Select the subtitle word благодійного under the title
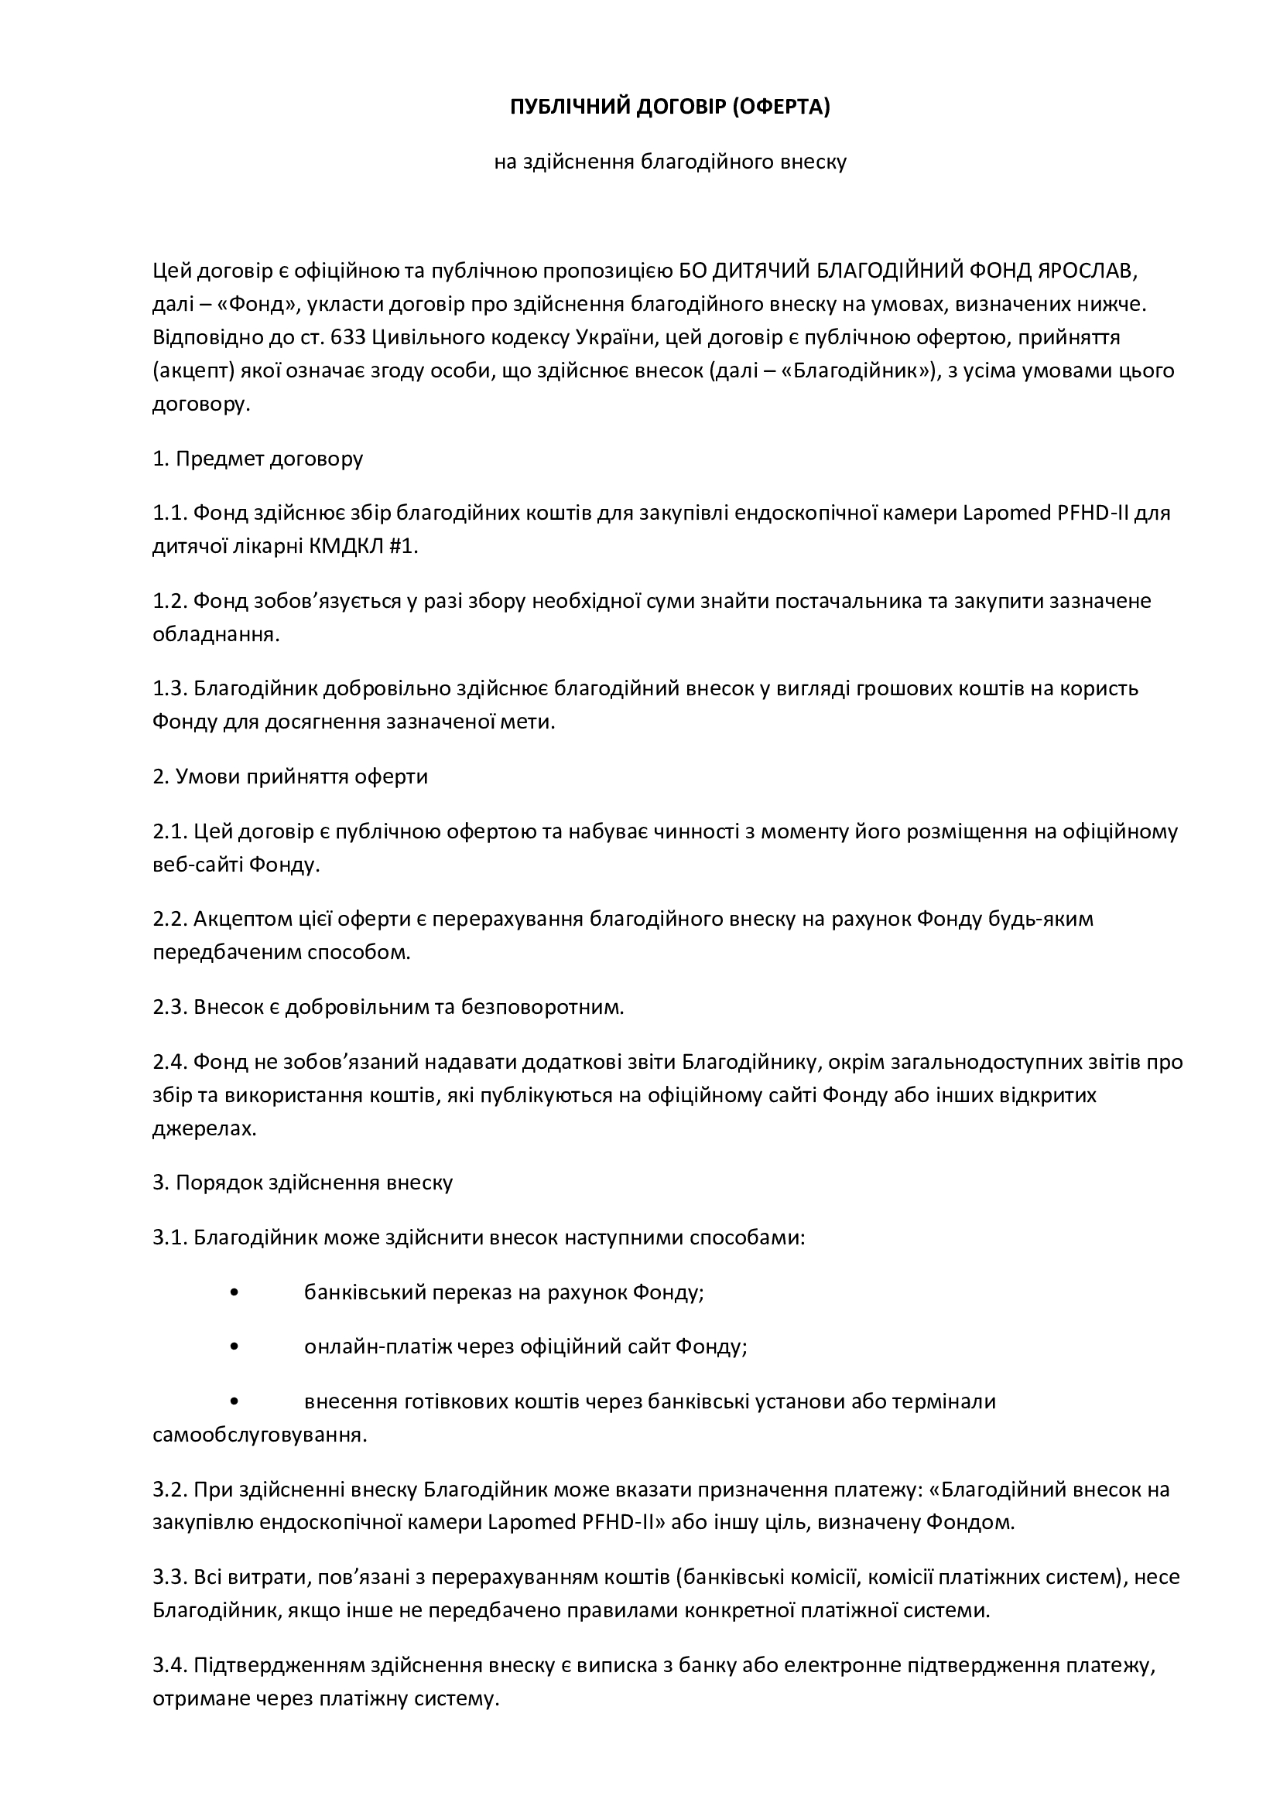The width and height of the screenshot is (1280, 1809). click(x=707, y=162)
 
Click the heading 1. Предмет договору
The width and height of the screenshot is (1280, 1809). click(x=258, y=459)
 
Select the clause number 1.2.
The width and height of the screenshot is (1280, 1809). click(x=169, y=601)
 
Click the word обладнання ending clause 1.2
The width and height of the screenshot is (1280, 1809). click(x=215, y=635)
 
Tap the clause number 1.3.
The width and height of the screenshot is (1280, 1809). click(x=169, y=688)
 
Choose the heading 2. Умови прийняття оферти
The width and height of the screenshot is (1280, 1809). click(x=290, y=777)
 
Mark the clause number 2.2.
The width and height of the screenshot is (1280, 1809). click(x=169, y=920)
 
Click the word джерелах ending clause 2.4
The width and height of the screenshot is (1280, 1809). click(x=204, y=1128)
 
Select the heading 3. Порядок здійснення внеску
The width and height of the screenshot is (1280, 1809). click(x=303, y=1183)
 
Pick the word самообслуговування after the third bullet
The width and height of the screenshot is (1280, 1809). click(x=258, y=1435)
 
